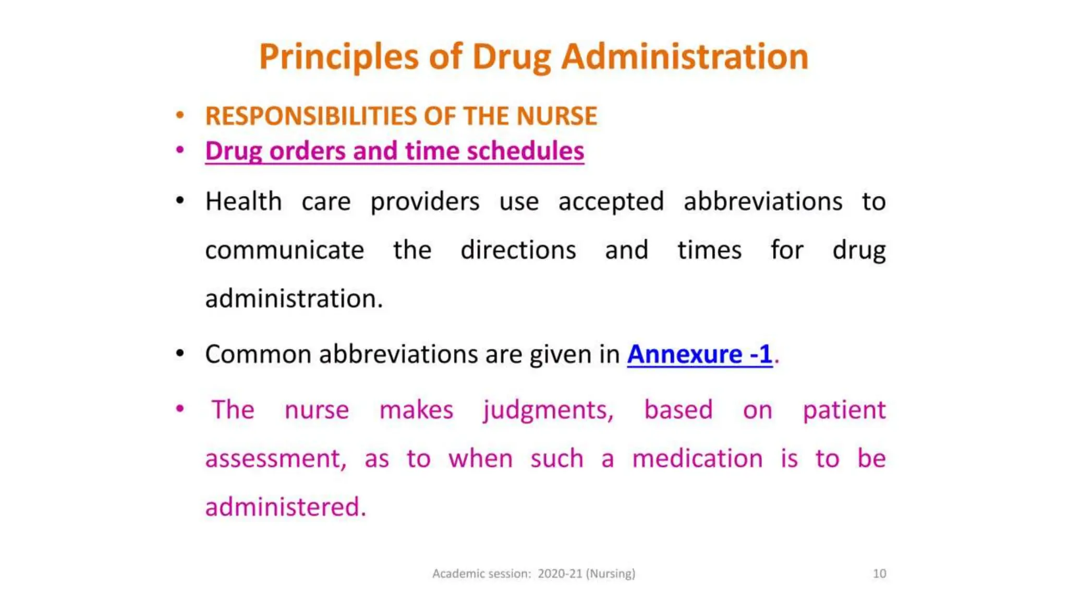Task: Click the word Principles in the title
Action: (x=338, y=57)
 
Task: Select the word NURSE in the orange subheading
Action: (x=556, y=116)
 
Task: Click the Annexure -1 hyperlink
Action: (x=699, y=354)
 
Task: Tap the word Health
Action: (x=244, y=201)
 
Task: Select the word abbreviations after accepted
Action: (x=762, y=201)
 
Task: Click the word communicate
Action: (x=284, y=250)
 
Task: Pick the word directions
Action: (x=518, y=250)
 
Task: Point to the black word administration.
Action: (x=294, y=299)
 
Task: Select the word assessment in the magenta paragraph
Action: (x=275, y=459)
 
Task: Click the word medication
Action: (x=697, y=459)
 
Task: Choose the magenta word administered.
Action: (x=285, y=507)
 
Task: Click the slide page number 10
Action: (x=879, y=573)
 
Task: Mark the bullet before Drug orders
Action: (x=180, y=151)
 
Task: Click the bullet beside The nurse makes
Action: (x=180, y=408)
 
